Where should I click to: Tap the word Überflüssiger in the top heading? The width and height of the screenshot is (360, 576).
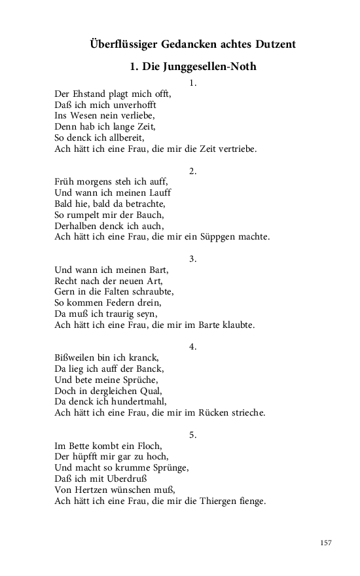pyautogui.click(x=121, y=45)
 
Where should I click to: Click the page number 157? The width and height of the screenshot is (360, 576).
pyautogui.click(x=327, y=543)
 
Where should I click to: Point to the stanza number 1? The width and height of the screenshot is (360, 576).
pyautogui.click(x=192, y=83)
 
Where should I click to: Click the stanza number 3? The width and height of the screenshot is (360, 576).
pyautogui.click(x=192, y=259)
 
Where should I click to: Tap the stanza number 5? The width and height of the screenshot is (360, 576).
pyautogui.click(x=192, y=435)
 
